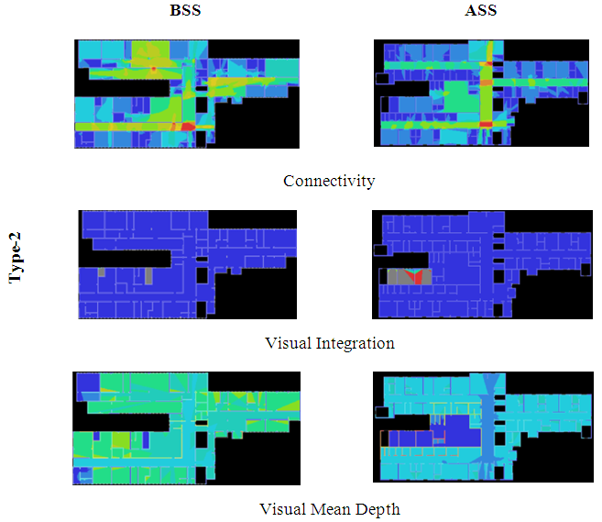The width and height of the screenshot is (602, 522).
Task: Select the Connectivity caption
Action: pyautogui.click(x=329, y=181)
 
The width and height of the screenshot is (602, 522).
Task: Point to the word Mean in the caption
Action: pyautogui.click(x=335, y=509)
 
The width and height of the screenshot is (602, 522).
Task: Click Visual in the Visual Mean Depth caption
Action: pyautogui.click(x=283, y=509)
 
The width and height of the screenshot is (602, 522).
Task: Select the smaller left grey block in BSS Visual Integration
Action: pyautogui.click(x=102, y=272)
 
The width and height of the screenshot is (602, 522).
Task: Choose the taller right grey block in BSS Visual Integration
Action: pyautogui.click(x=148, y=274)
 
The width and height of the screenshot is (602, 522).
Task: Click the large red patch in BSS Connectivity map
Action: pyautogui.click(x=188, y=127)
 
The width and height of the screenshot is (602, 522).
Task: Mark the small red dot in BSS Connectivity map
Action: pyautogui.click(x=154, y=70)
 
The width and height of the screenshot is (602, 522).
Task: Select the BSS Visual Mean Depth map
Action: pyautogui.click(x=187, y=428)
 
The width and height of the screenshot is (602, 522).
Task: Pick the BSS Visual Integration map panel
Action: pyautogui.click(x=187, y=264)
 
